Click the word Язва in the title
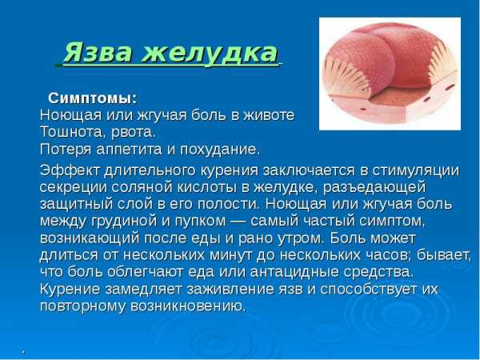coord(98,52)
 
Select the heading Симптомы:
coord(93,99)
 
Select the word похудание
coord(221,150)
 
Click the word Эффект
coord(70,170)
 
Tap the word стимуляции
coord(415,171)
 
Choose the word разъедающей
coord(374,187)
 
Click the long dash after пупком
coord(238,222)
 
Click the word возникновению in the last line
coord(188,306)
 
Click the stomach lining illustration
coord(390,74)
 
